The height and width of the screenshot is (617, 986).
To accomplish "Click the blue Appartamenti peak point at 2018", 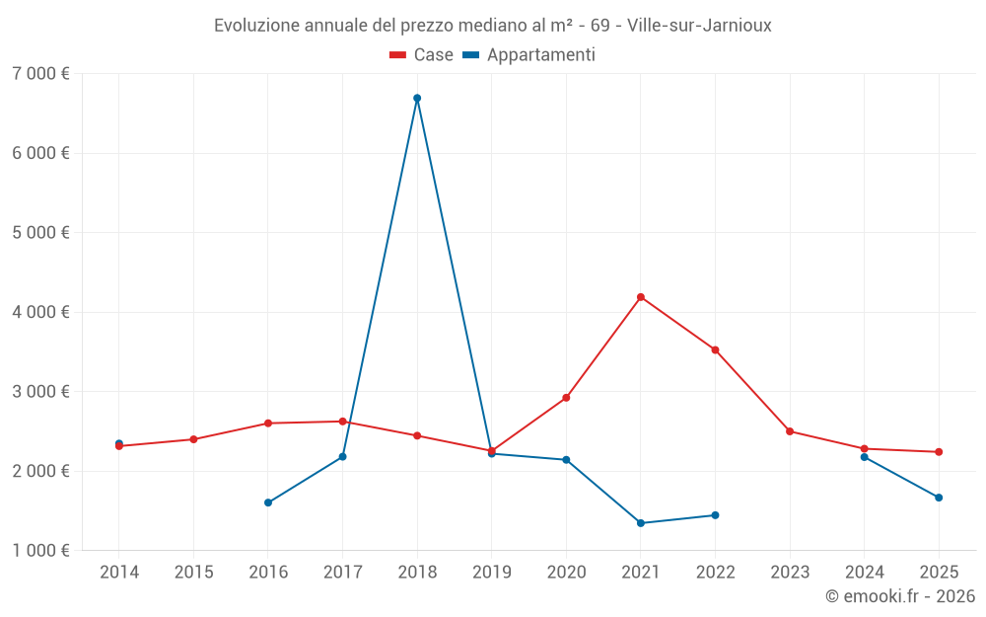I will point(417,98).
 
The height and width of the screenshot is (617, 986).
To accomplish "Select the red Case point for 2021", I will point(641,297).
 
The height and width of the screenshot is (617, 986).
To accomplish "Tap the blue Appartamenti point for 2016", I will point(268,502).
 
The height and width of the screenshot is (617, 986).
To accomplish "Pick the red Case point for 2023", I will point(790,431).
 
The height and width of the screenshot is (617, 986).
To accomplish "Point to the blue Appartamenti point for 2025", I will point(939,498).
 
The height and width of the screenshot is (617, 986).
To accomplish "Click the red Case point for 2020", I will point(566,398).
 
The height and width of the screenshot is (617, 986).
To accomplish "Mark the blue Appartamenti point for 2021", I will point(641,523).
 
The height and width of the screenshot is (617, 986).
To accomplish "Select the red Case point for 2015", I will point(193,439).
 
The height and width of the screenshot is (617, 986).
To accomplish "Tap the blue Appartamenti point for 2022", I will point(715,515).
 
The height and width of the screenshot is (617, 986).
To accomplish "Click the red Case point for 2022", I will point(715,349).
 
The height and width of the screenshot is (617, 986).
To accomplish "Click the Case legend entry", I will point(422,55).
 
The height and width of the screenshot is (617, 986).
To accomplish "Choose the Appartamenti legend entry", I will point(529,55).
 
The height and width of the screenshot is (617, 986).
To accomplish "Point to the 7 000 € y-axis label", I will point(40,74).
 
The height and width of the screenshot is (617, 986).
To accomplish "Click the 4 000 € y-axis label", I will point(40,312).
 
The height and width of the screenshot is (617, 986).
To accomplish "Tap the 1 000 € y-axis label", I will point(40,551).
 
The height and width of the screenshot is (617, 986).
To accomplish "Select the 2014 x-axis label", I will point(119,573).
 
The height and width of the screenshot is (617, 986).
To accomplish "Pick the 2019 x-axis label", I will point(491,573).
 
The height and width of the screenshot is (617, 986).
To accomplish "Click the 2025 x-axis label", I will point(939,573).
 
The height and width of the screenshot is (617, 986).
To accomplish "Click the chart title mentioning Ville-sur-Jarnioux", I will point(493,25).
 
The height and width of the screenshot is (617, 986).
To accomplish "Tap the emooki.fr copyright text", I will point(900,596).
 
